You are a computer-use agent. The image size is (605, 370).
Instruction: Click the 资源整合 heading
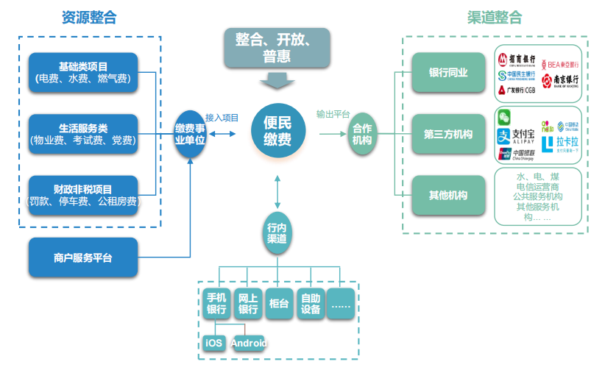[89, 18]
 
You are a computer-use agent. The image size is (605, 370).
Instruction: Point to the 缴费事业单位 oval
[190, 134]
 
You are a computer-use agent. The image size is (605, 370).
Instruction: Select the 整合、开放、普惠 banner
[276, 48]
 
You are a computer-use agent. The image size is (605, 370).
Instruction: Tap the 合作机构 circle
[362, 134]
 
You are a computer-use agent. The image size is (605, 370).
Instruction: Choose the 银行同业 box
[449, 73]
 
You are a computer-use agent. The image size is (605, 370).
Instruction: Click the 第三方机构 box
[449, 134]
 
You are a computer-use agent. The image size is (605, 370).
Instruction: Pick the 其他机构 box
[449, 195]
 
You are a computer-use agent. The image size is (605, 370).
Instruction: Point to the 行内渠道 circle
[277, 233]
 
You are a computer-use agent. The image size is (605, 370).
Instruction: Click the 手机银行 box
[216, 303]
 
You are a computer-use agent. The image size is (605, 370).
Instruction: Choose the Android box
[248, 343]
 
